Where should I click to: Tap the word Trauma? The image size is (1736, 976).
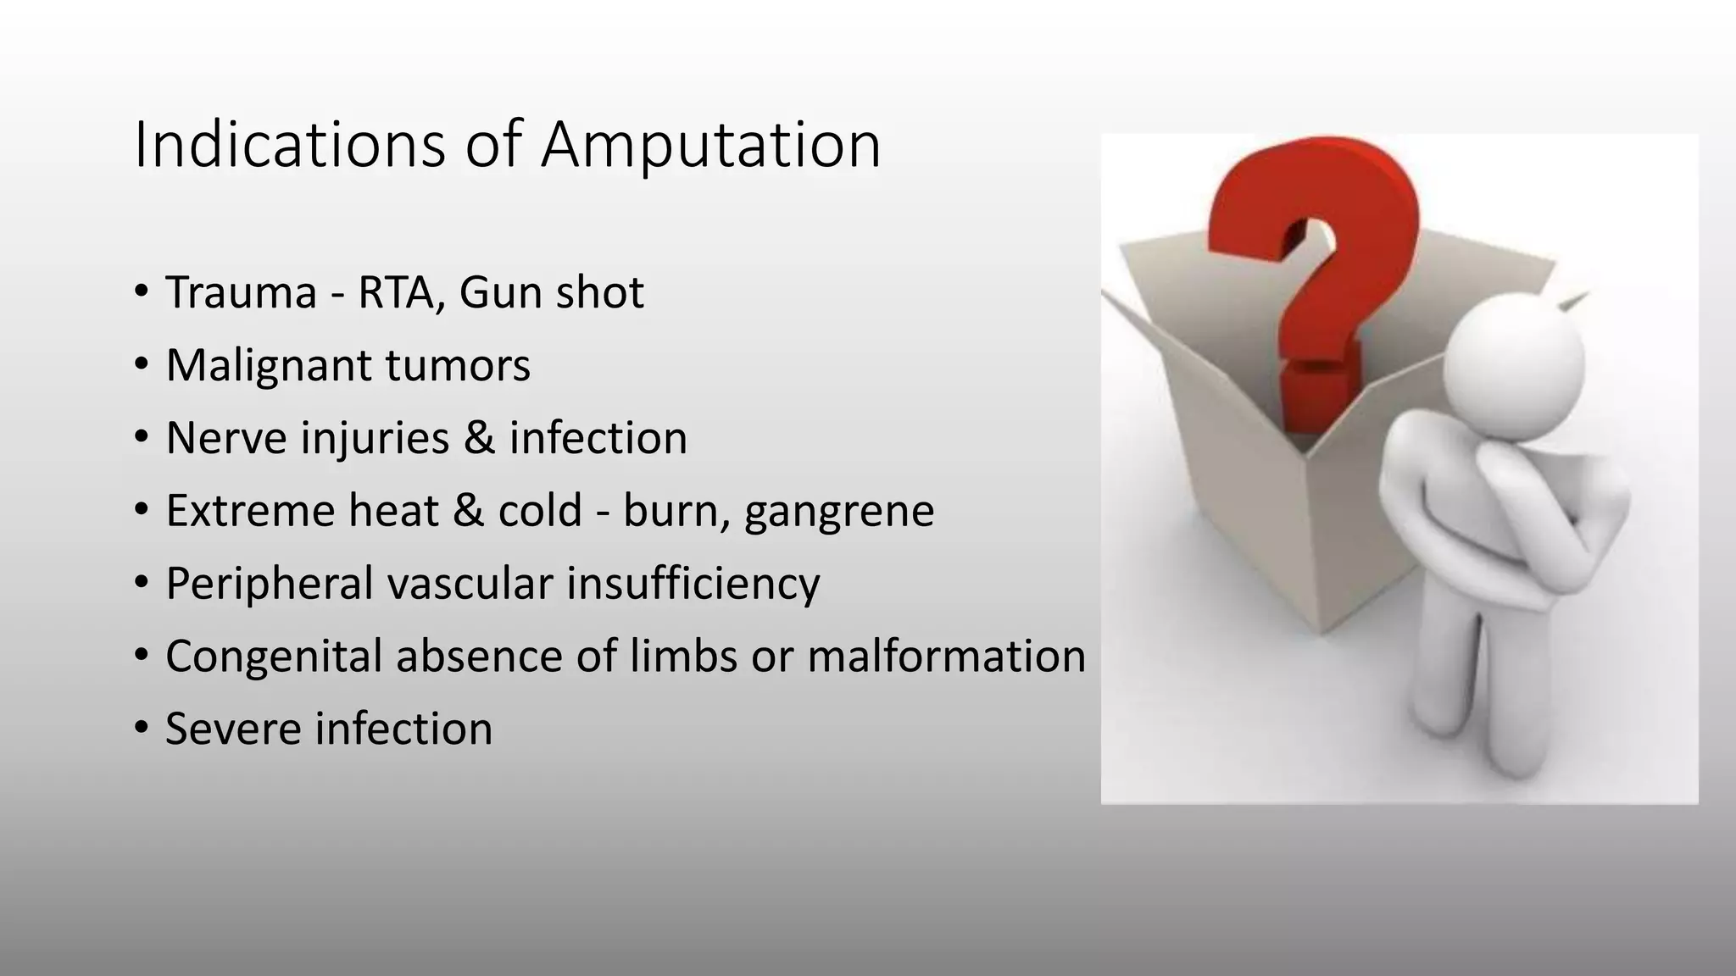click(241, 292)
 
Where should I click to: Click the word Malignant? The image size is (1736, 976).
click(269, 365)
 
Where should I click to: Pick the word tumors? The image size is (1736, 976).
click(458, 365)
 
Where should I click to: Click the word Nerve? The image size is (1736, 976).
click(223, 438)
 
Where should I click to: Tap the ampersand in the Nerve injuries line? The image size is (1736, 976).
click(479, 438)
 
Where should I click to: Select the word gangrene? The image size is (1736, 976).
click(839, 511)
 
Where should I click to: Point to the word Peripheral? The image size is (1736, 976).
click(270, 584)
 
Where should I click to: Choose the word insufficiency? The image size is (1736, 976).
click(693, 584)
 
